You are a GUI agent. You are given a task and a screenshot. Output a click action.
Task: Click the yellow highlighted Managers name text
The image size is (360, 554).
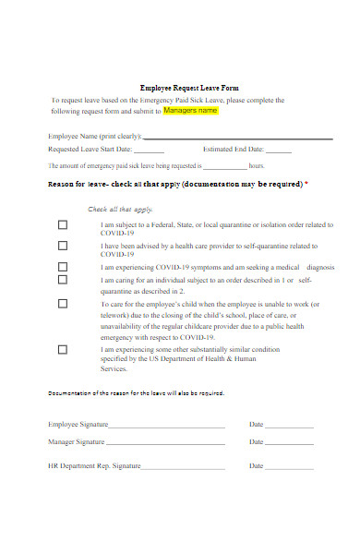[191, 111]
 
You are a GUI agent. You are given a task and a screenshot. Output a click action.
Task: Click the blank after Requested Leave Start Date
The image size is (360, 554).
[149, 150]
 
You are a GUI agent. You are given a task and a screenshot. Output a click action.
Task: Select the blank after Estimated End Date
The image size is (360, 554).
[278, 150]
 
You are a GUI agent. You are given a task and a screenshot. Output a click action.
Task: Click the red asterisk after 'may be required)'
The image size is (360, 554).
[306, 184]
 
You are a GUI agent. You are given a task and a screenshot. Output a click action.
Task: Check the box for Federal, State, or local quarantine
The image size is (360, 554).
[63, 224]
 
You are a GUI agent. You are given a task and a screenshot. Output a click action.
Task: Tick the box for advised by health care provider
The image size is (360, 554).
[63, 246]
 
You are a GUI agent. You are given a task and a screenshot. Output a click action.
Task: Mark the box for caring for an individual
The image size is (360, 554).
[63, 279]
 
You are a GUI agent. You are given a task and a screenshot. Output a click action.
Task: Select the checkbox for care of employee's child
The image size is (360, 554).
[63, 303]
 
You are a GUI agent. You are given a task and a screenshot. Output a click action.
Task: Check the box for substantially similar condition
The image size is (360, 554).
[63, 349]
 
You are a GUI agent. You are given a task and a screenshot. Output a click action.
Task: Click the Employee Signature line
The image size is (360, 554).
[166, 426]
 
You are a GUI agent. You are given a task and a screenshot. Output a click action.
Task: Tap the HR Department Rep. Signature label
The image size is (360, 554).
[94, 466]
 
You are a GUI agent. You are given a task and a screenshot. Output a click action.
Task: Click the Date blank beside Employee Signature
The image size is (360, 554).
[290, 426]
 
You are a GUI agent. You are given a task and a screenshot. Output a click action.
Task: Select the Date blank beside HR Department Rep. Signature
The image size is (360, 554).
[290, 467]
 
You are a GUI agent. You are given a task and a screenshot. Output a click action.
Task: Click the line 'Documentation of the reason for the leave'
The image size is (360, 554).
[135, 391]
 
